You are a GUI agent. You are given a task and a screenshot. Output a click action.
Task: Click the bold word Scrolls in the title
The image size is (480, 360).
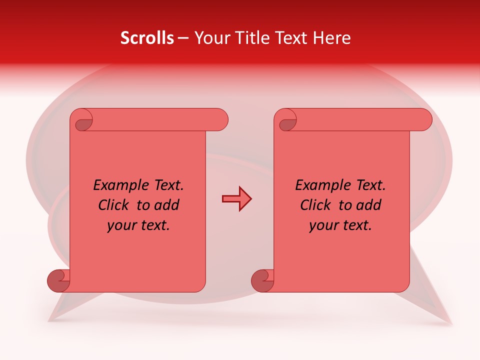[x=147, y=38]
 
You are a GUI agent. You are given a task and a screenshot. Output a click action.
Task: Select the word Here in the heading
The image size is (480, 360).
[x=332, y=38]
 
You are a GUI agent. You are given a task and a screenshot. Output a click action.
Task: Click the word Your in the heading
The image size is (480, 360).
[x=210, y=38]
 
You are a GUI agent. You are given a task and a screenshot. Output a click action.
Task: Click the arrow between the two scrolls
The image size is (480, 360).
[x=236, y=199]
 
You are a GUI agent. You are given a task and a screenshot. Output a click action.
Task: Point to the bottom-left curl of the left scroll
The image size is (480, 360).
[x=59, y=280]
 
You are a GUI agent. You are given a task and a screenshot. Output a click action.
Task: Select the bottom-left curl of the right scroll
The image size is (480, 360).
[x=263, y=280]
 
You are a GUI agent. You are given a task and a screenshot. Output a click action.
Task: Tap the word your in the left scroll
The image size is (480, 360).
[x=121, y=225]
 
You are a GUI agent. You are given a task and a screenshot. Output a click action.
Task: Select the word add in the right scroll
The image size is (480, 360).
[x=368, y=205]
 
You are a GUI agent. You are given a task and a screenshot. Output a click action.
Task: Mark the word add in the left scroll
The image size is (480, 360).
[x=166, y=205]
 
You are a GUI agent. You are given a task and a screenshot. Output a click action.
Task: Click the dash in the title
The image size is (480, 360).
[x=183, y=38]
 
